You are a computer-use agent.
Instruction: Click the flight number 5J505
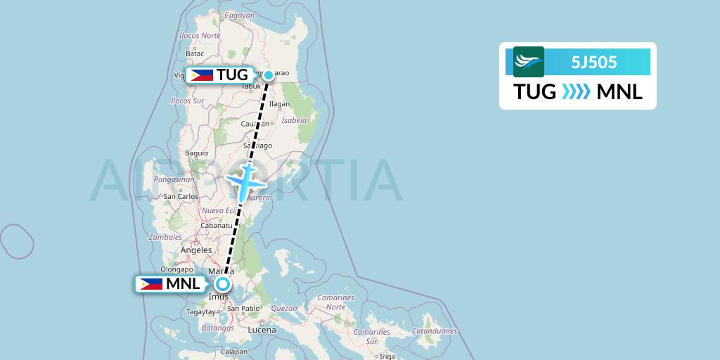tap(594, 62)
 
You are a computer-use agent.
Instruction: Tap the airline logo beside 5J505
tap(529, 62)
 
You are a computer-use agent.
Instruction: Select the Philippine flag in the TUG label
tap(202, 75)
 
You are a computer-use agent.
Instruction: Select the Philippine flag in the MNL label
tap(150, 284)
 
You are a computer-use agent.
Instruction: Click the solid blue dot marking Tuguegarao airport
tap(268, 75)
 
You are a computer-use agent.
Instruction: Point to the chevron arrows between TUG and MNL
tap(576, 91)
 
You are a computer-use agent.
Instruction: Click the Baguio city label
tap(196, 153)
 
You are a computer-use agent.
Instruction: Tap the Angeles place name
tap(196, 250)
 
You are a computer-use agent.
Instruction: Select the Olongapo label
tap(176, 269)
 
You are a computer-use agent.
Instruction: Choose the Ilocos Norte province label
tap(200, 35)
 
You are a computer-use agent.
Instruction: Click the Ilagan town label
tap(279, 104)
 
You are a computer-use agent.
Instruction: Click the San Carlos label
tap(181, 196)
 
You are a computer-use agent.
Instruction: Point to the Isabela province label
tap(295, 120)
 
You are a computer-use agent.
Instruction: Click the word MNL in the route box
tap(619, 91)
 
